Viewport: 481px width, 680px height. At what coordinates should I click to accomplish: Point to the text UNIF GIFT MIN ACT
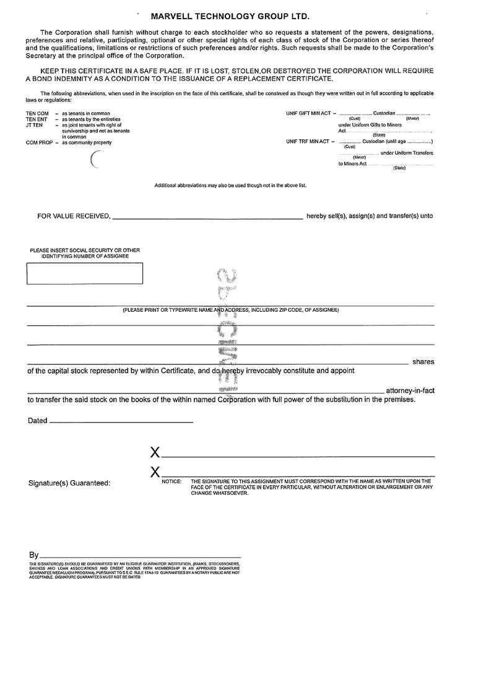pos(310,114)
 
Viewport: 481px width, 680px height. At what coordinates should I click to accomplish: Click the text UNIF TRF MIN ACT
pos(309,142)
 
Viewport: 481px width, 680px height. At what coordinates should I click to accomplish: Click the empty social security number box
pos(85,273)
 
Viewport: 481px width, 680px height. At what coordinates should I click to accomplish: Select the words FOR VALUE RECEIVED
pos(74,217)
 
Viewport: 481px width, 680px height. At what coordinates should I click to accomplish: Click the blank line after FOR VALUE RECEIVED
pos(207,218)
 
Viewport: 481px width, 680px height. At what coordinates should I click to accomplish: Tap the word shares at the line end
pos(423,362)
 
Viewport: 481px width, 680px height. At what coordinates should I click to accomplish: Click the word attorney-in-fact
pos(410,390)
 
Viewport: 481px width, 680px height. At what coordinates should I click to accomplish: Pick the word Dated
pos(37,421)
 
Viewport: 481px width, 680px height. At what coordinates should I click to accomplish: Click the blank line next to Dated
pos(121,422)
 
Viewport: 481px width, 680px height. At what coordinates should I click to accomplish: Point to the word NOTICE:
pos(171,481)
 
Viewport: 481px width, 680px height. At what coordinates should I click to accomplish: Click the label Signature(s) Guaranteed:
pos(69,483)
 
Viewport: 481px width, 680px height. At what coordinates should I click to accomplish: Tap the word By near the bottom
pos(33,555)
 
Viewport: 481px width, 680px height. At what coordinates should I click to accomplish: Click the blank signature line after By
pos(140,557)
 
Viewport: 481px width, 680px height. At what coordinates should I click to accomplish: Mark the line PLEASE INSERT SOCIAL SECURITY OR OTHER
pos(85,251)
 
